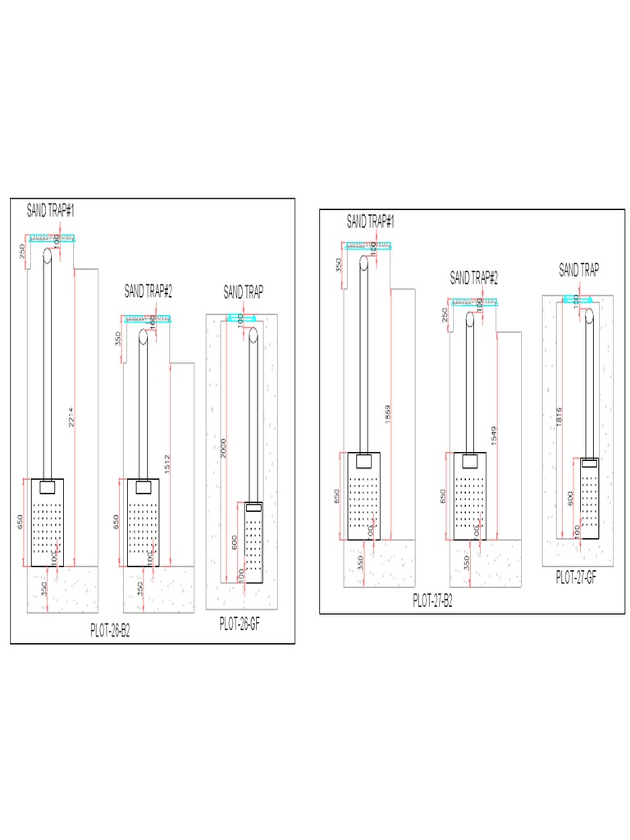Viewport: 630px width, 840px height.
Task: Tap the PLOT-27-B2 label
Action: [432, 600]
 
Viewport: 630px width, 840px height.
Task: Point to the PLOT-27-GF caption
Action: [576, 577]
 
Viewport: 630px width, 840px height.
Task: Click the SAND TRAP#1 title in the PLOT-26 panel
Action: [51, 211]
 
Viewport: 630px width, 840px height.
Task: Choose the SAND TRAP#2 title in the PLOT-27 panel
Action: [474, 278]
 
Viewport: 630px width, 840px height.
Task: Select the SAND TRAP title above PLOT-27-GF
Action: [578, 271]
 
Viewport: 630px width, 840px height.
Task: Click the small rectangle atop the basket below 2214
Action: [48, 486]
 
